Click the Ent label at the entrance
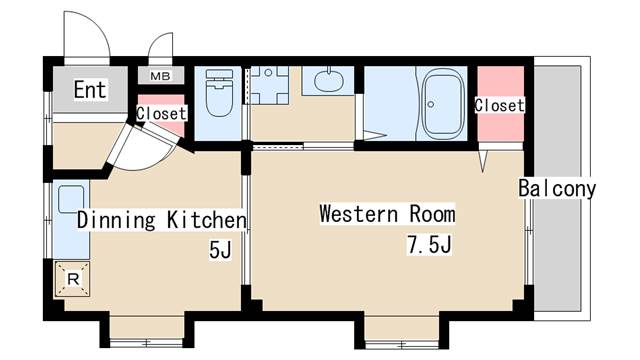coord(90,89)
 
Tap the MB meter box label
coord(160,76)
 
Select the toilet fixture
coord(219,93)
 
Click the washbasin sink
coord(329,80)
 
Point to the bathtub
coord(443,104)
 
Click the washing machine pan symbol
coord(268,85)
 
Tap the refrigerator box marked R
coord(73,279)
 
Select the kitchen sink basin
coord(71,199)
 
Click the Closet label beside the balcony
coord(499,105)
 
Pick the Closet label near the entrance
coord(161,113)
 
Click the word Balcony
coord(557,189)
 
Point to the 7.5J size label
coord(429,244)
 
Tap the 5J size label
coord(220,249)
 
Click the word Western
coord(358,213)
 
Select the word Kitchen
coord(207,220)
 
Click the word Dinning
coord(116,220)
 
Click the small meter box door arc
coord(156,41)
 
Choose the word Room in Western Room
coord(432,213)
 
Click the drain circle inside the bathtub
coord(431,104)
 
